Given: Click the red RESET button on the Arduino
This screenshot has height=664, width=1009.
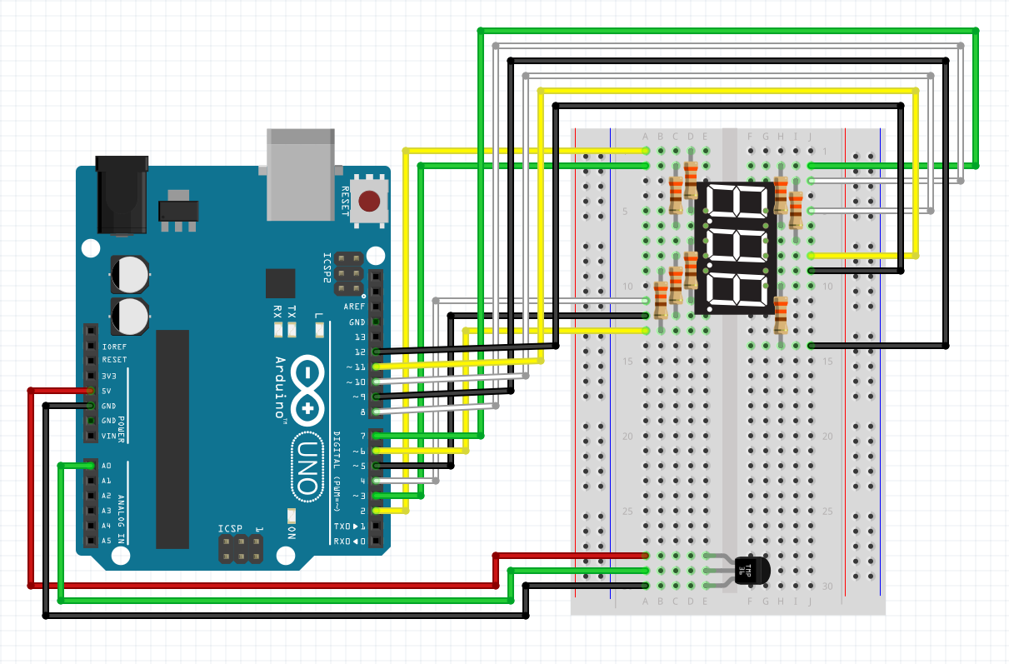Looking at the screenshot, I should click(370, 201).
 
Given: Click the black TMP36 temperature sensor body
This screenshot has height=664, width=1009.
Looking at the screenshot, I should click(751, 571).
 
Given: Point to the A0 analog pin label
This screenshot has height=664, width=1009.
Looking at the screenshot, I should click(106, 466).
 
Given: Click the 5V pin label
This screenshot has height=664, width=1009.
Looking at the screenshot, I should click(107, 391).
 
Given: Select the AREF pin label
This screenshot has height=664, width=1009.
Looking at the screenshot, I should click(355, 307).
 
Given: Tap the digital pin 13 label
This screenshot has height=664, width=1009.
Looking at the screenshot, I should click(359, 337).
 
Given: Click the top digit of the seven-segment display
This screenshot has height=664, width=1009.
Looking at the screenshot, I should click(737, 203).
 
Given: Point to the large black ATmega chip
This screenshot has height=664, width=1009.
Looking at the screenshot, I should click(172, 438).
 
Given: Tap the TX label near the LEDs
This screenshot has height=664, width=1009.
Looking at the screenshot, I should click(291, 312).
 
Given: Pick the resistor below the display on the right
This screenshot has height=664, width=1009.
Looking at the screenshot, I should click(781, 315).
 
